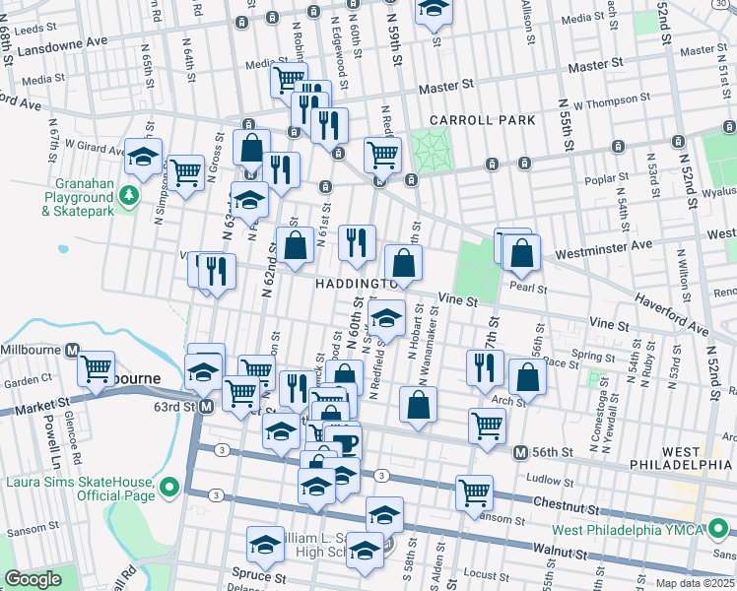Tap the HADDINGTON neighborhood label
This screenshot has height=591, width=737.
(355, 284)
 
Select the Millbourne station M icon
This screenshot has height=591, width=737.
(72, 351)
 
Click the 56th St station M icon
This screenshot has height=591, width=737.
(520, 452)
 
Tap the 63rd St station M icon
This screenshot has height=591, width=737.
(206, 407)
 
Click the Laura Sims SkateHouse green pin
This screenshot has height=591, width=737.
(169, 487)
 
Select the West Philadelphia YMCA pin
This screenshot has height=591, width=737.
(716, 531)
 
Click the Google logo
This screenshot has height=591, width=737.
(33, 579)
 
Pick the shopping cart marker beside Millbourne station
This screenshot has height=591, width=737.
(96, 368)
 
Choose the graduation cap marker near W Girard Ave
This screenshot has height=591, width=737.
(143, 156)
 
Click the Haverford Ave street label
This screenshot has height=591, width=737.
(670, 311)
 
